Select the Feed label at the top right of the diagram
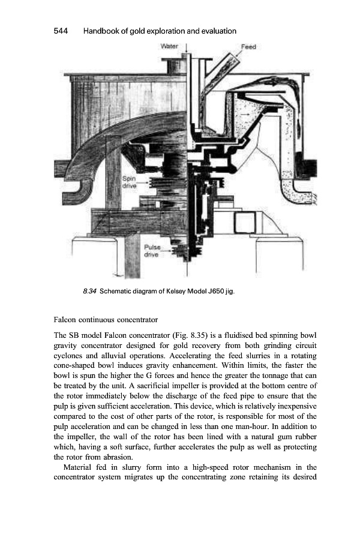tap(248, 47)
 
